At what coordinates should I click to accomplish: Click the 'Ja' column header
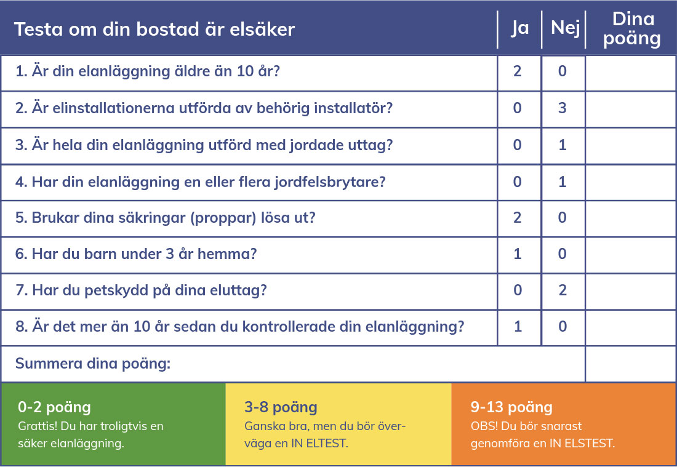tap(520, 28)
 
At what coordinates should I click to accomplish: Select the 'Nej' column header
tap(565, 28)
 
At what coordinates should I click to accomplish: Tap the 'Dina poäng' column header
tap(632, 29)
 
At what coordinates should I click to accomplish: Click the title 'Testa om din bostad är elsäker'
tap(154, 30)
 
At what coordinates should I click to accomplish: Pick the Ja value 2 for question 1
tap(517, 71)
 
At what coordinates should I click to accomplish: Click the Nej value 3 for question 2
tap(562, 108)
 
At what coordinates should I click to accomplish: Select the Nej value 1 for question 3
tap(562, 145)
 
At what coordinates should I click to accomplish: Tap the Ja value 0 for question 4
tap(517, 182)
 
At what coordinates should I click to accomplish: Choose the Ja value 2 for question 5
tap(517, 218)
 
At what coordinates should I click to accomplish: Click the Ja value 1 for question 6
tap(517, 253)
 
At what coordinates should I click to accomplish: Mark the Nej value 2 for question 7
tap(562, 290)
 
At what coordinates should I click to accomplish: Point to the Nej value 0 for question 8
tap(562, 326)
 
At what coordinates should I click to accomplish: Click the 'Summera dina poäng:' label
tap(93, 364)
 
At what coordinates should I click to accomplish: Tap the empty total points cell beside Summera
tap(630, 364)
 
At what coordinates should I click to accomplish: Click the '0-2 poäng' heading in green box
tap(54, 407)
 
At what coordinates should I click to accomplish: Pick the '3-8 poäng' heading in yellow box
tap(281, 407)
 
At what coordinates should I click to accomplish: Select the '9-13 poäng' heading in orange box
tap(511, 407)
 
